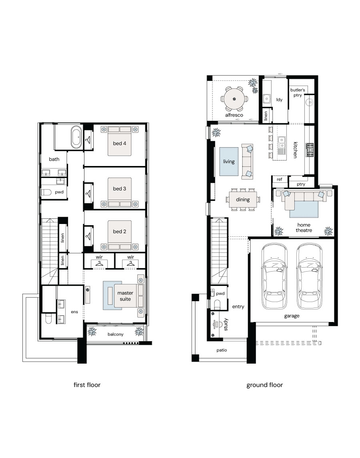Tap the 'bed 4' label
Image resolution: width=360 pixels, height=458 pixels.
point(120,144)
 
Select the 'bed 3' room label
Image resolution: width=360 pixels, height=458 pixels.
point(120,189)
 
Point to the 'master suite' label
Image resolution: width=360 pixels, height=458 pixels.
point(125,296)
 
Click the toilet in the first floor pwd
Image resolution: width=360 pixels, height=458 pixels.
point(46,192)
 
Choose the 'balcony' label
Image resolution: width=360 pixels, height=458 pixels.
point(116,334)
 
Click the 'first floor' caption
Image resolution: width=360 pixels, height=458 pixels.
point(87,385)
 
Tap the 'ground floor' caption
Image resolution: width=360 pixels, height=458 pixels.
point(264,385)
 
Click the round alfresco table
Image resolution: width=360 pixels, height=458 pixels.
point(234,99)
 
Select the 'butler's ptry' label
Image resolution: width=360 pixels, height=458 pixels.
point(298,92)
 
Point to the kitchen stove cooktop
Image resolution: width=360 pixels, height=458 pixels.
point(310,150)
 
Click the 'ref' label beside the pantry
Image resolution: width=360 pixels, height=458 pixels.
point(279,179)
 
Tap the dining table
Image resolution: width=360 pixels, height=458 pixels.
point(243,200)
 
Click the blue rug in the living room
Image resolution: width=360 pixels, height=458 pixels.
point(229,162)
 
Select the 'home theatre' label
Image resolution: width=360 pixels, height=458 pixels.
point(304,228)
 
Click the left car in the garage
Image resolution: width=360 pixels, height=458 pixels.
point(274,276)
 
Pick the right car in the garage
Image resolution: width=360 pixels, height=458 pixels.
point(309,276)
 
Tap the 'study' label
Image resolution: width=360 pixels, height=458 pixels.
point(226,324)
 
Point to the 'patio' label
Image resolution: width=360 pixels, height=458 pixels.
point(222,350)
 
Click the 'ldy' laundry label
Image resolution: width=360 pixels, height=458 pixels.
point(279,100)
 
